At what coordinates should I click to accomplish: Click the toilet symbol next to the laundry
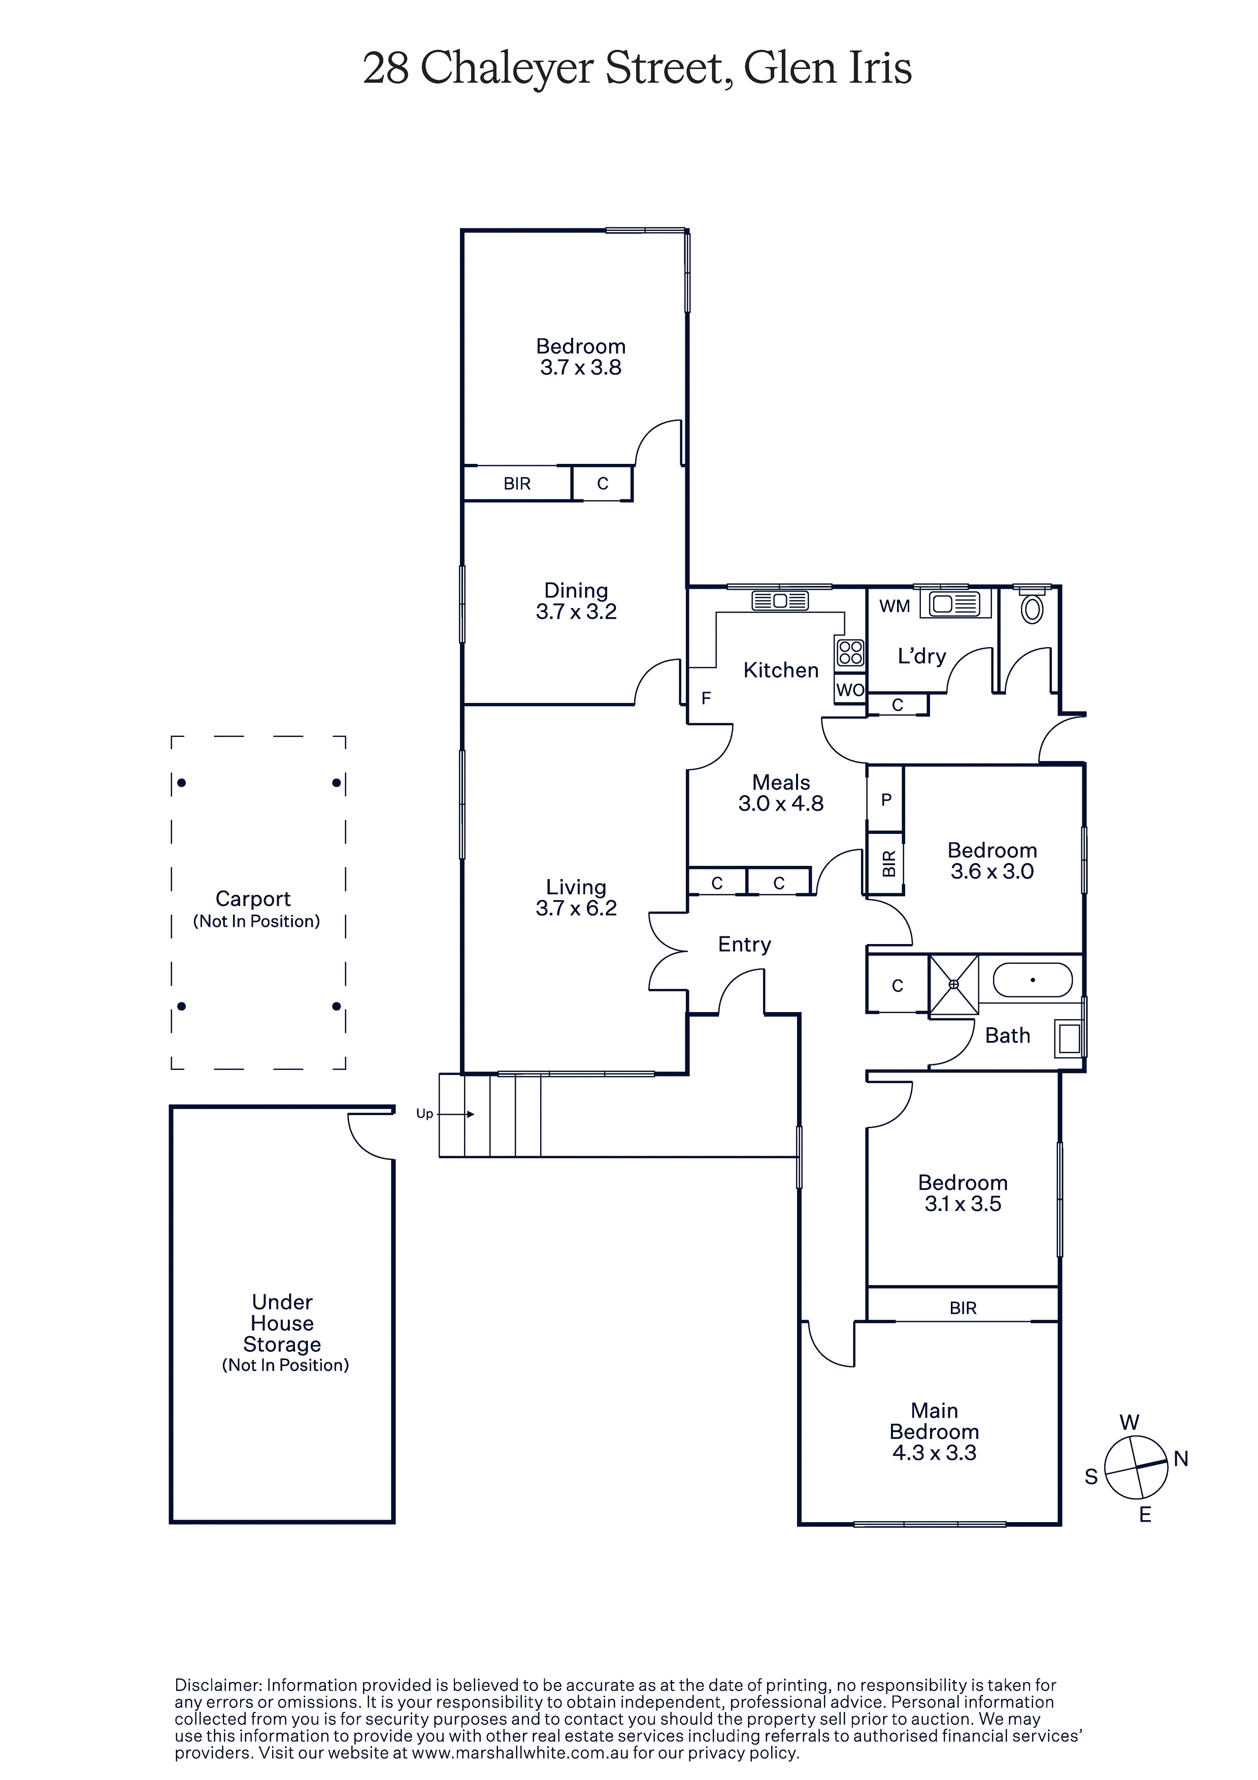tap(1032, 607)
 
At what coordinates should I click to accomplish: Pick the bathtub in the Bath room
tap(1033, 980)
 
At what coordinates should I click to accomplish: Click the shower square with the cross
tap(954, 985)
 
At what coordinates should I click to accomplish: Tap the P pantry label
tap(886, 800)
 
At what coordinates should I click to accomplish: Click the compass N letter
tap(1181, 1459)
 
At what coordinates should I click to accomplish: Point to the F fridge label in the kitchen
tap(706, 698)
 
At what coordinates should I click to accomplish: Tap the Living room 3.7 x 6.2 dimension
tap(576, 908)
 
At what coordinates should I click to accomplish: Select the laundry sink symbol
tap(955, 604)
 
